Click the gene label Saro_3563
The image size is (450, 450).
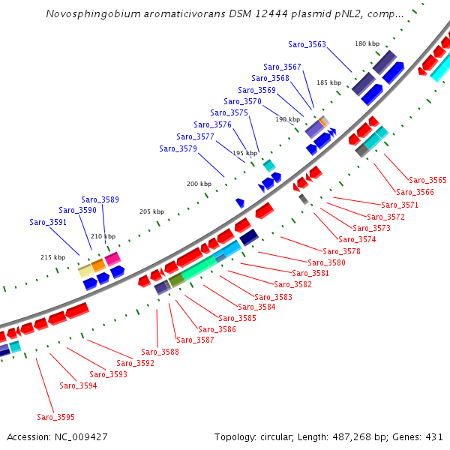click(307, 44)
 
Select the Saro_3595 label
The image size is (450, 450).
click(55, 417)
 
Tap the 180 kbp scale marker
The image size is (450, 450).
click(367, 44)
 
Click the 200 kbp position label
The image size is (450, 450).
click(199, 184)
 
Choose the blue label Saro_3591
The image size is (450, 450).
click(48, 222)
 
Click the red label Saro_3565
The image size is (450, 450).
click(427, 180)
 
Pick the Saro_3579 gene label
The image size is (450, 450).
click(178, 148)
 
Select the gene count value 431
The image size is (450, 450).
click(434, 436)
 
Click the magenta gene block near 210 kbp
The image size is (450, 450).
click(112, 259)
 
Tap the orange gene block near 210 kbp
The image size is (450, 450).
click(98, 264)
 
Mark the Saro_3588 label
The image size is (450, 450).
click(160, 352)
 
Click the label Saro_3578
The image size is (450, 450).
click(341, 251)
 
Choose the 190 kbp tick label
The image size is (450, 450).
click(287, 119)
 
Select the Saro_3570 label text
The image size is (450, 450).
click(242, 101)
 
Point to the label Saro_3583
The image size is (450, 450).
click(273, 297)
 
